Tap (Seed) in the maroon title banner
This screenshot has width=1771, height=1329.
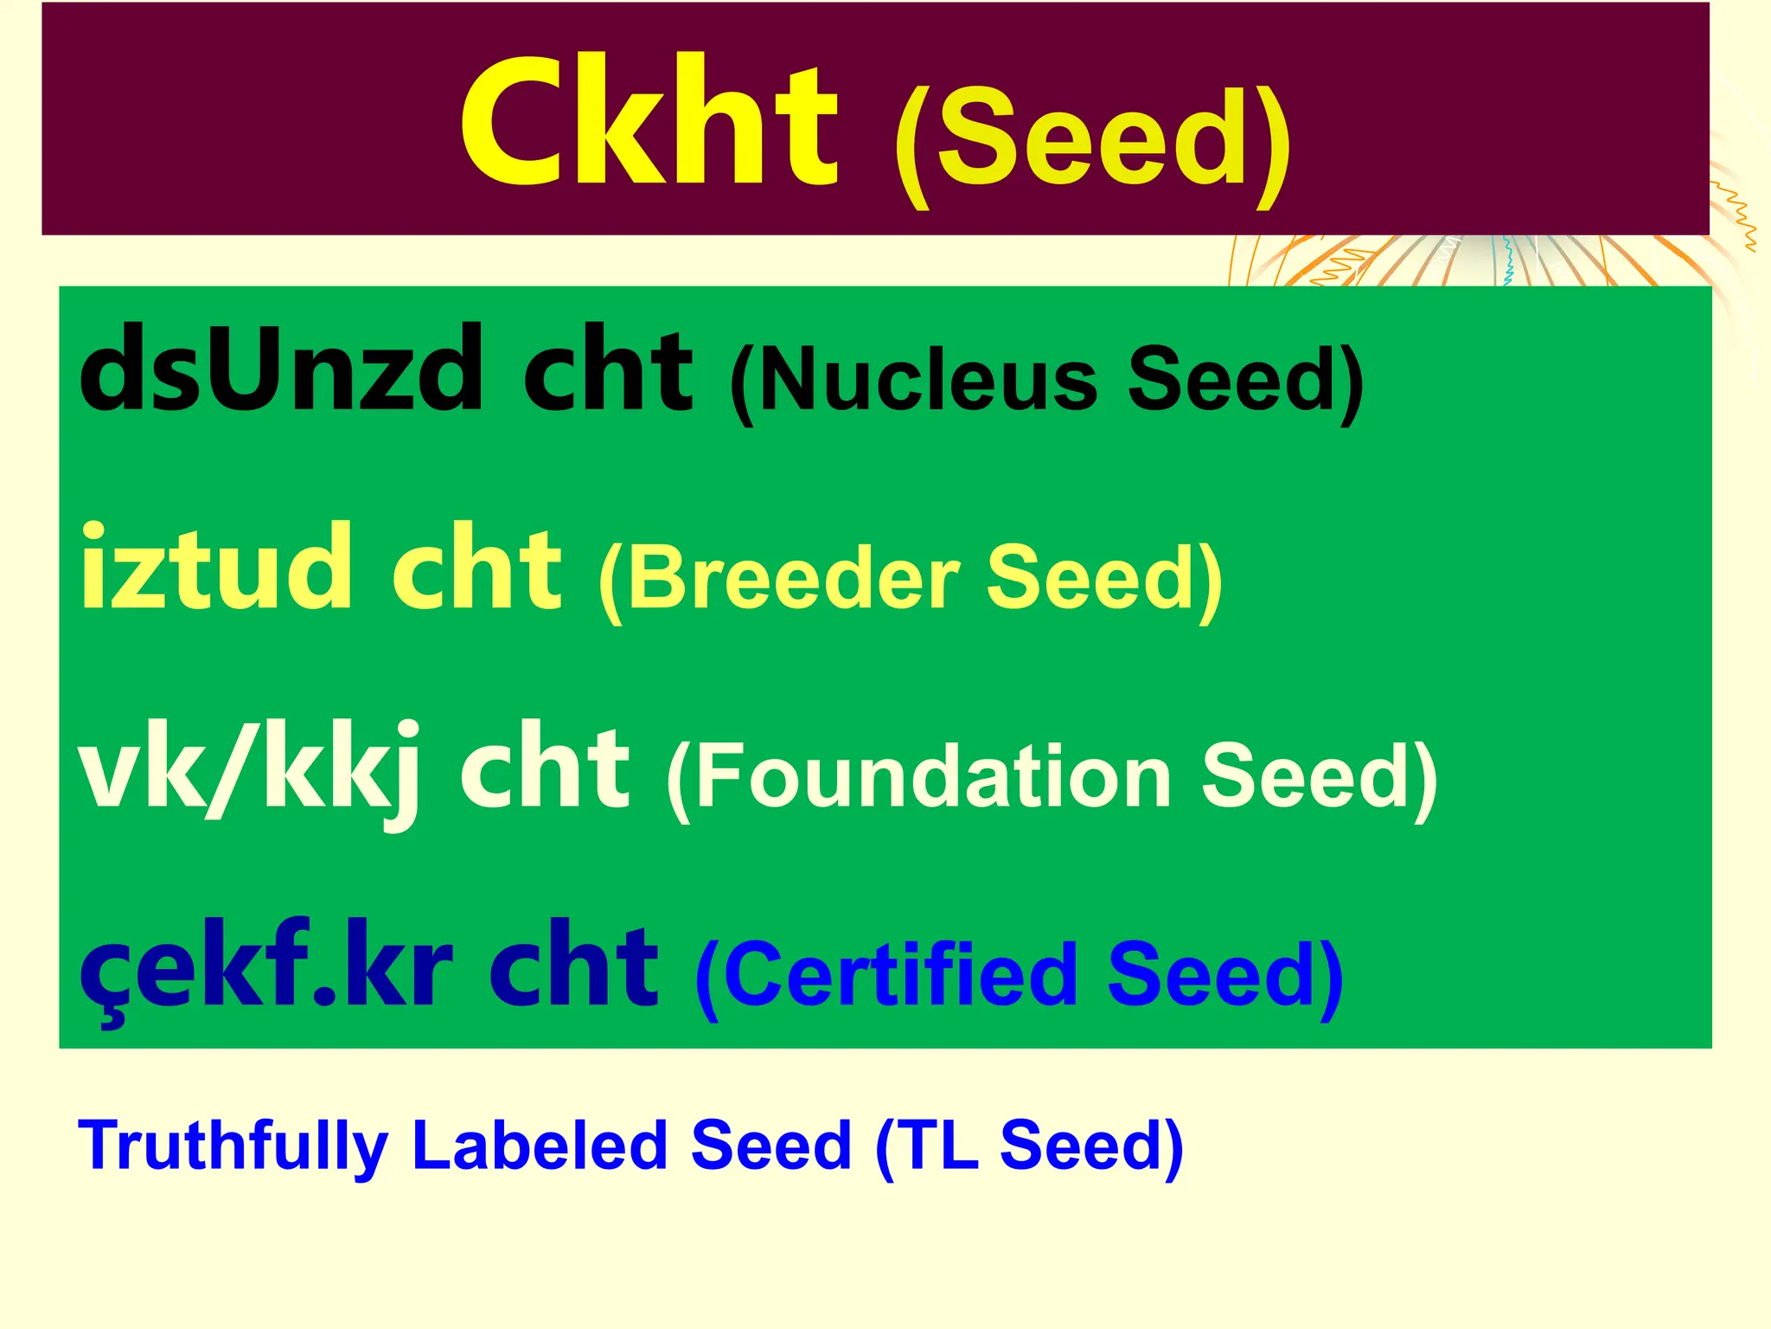coord(1091,143)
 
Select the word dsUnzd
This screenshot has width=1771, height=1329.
coord(281,370)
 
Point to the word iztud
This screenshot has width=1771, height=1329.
coord(216,568)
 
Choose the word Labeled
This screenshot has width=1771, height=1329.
coord(540,1145)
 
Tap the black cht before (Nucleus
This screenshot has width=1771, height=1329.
coord(607,370)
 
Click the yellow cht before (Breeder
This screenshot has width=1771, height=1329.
coord(476,568)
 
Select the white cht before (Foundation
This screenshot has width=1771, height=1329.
coord(544,768)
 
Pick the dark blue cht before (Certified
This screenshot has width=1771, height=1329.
coord(573,967)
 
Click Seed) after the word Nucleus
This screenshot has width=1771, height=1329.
coord(1245,381)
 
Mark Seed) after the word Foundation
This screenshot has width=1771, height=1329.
coord(1320,777)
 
